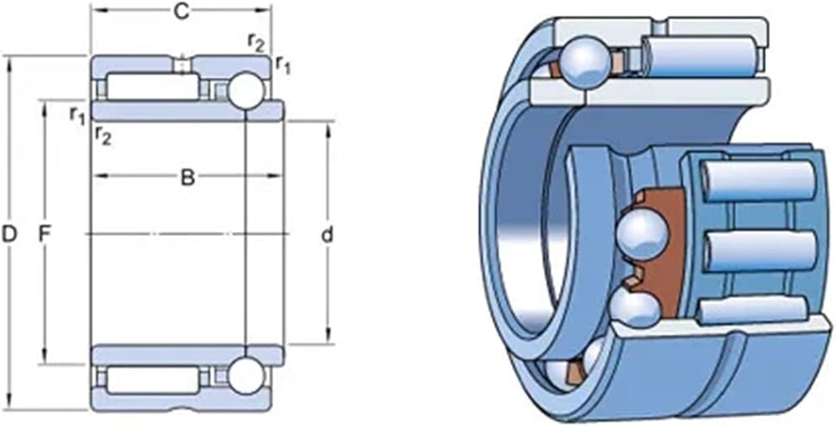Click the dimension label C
(181, 13)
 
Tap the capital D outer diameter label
(9, 234)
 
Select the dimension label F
(45, 234)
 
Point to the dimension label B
(187, 177)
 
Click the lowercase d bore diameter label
(328, 234)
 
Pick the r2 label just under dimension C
(257, 42)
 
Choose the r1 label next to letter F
(78, 116)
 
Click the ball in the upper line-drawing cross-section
(246, 90)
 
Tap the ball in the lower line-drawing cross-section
(246, 376)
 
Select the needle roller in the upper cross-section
(153, 86)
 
